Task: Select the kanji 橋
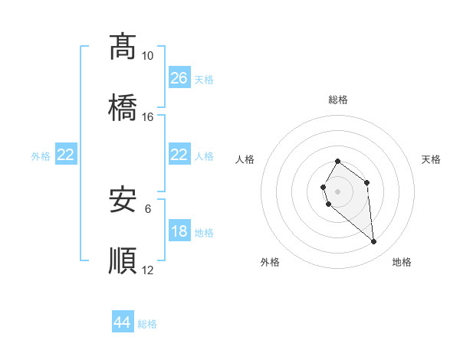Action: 123,106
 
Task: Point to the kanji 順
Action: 123,260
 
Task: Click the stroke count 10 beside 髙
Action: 147,56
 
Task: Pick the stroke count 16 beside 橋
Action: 147,117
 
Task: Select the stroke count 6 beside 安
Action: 148,208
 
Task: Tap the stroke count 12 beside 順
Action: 147,270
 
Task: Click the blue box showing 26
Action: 179,77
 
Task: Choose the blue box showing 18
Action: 179,231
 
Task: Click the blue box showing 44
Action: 123,322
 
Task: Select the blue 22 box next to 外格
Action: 66,155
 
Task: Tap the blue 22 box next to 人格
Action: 179,155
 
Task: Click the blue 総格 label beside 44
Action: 147,324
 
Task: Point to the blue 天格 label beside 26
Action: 204,79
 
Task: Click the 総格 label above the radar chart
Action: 338,100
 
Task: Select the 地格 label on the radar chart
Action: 402,262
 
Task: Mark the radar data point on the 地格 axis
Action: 374,242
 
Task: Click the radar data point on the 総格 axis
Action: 338,161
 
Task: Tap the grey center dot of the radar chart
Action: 338,191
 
